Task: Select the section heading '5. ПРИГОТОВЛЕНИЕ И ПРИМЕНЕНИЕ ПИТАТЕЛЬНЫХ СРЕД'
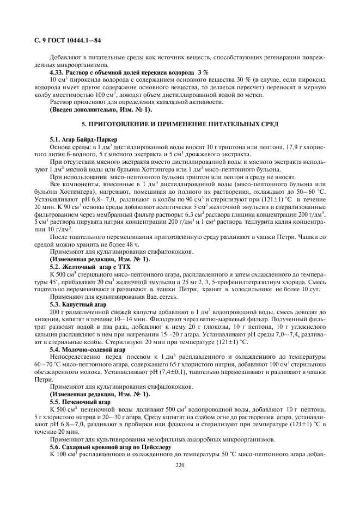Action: (x=180, y=125)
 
